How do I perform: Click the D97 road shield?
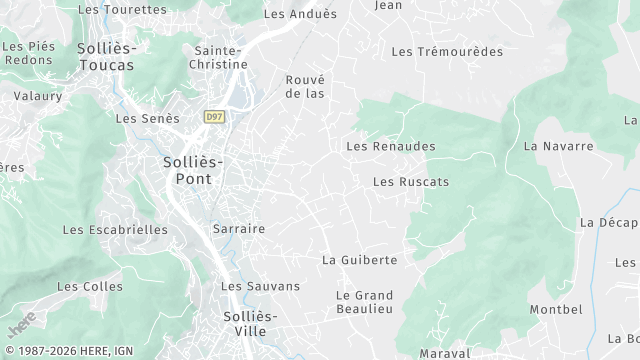(213, 117)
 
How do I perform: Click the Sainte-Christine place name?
(217, 57)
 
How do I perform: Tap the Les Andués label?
(300, 14)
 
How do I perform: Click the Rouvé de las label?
(306, 86)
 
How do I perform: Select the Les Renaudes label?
(390, 146)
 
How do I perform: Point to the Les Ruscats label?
(410, 182)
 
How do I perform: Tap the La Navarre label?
(558, 146)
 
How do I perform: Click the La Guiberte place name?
(359, 260)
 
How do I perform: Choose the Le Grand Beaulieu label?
(364, 303)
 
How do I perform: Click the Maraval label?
(444, 353)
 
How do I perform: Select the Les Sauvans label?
(260, 286)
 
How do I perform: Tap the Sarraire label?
(239, 228)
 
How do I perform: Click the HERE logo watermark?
(21, 324)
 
